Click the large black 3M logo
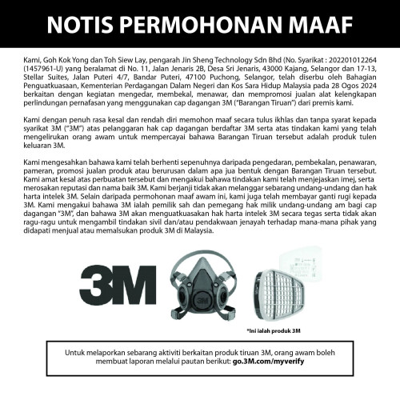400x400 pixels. coord(119,286)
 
